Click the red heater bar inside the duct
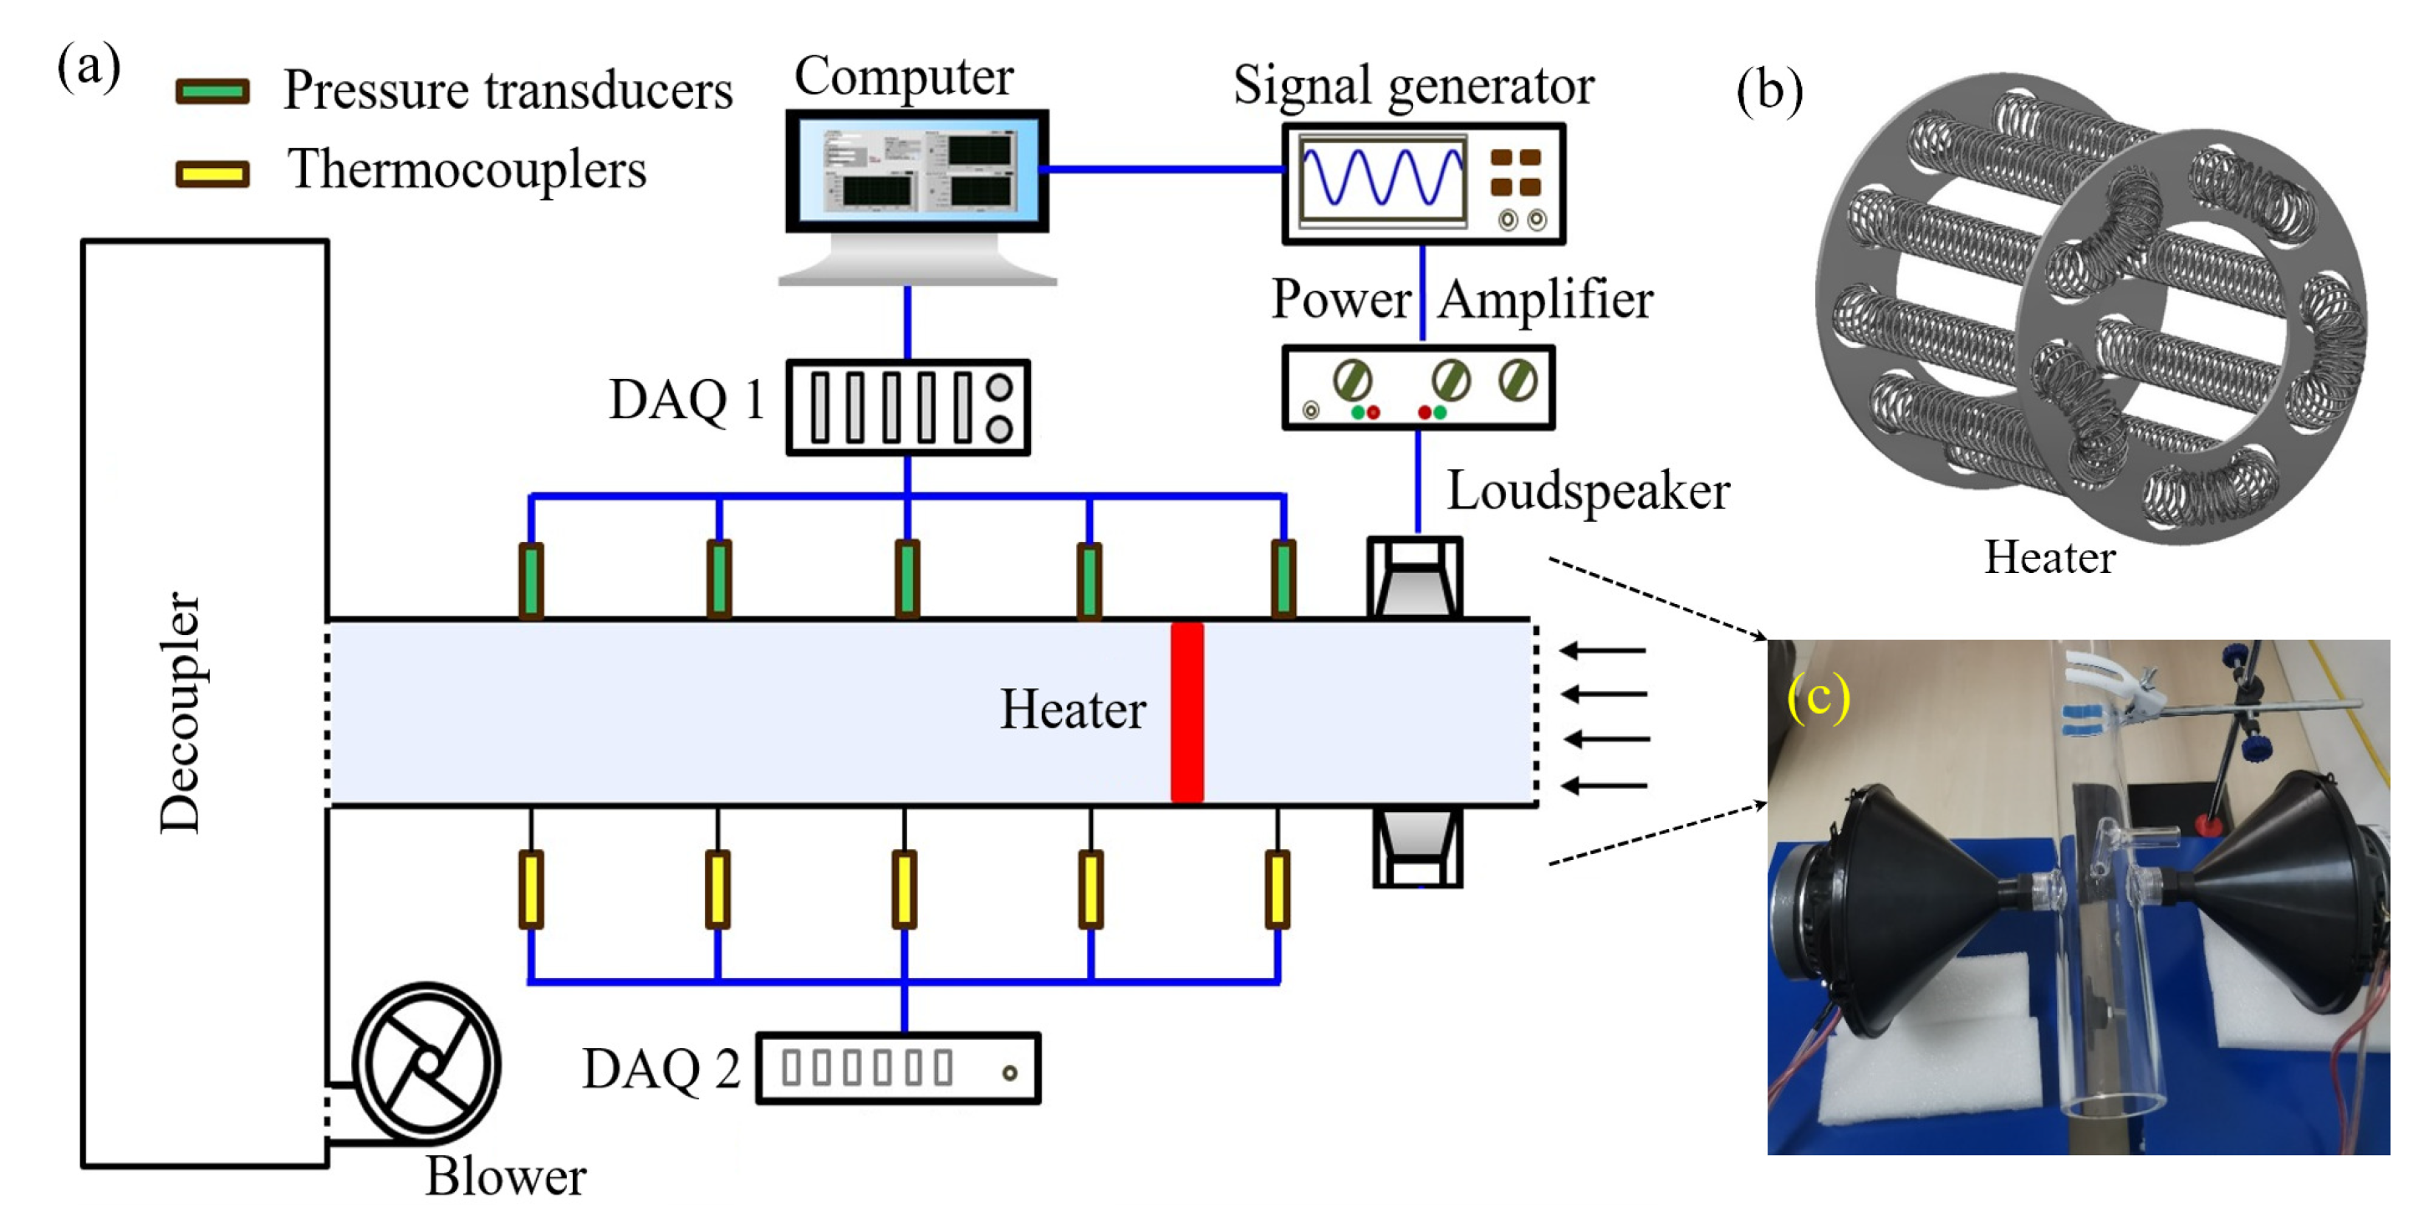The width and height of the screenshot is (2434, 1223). tap(1186, 712)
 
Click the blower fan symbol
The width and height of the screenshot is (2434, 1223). tap(427, 1063)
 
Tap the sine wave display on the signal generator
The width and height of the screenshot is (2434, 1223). tap(1381, 179)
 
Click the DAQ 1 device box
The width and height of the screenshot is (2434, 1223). tap(908, 407)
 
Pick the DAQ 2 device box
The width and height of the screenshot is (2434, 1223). tap(899, 1069)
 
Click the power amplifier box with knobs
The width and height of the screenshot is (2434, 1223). tap(1417, 387)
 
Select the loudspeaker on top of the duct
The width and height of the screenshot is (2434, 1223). tap(1415, 577)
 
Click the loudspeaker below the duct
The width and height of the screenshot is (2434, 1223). tap(1417, 847)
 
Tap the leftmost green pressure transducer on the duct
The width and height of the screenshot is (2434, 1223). tap(531, 580)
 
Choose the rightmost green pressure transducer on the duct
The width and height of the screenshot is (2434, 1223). tap(1283, 577)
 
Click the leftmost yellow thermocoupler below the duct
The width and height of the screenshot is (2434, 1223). tap(531, 888)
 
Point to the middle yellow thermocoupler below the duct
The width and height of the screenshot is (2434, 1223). tap(904, 888)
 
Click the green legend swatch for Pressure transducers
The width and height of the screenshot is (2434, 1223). tap(212, 90)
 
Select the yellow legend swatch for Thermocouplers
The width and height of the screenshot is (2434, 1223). tap(212, 174)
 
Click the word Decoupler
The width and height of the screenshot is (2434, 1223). tap(180, 713)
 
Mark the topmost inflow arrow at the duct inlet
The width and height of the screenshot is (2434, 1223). tap(1604, 650)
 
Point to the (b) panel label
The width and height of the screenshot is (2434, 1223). tap(1770, 92)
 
